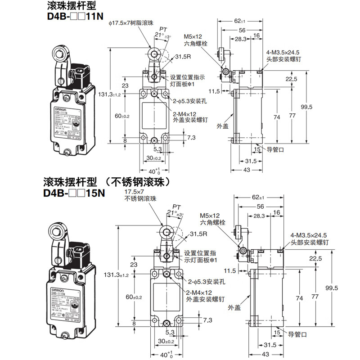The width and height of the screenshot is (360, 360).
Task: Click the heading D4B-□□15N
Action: tap(74, 193)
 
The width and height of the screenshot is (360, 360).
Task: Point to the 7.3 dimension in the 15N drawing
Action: tap(207, 319)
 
